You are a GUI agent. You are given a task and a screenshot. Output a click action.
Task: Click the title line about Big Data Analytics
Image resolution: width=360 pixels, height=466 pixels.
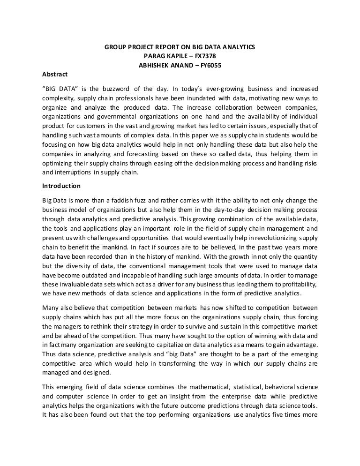pyautogui.click(x=179, y=47)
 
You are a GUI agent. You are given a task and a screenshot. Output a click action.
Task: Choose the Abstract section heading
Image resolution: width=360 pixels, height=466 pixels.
pyautogui.click(x=55, y=74)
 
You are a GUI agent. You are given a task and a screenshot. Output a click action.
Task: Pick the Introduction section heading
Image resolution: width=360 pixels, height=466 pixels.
pyautogui.click(x=61, y=186)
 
